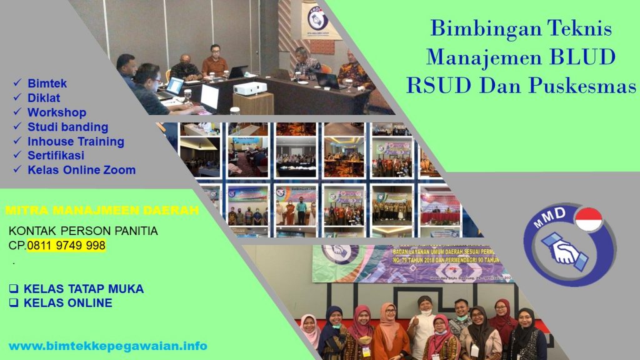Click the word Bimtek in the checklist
[47, 83]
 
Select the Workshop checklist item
[56, 112]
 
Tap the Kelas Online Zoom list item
[81, 170]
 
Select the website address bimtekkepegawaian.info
[107, 346]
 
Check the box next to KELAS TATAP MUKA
[13, 289]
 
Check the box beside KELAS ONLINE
[13, 303]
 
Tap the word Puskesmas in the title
[581, 86]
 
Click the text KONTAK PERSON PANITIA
[83, 231]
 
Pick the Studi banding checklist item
[67, 127]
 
